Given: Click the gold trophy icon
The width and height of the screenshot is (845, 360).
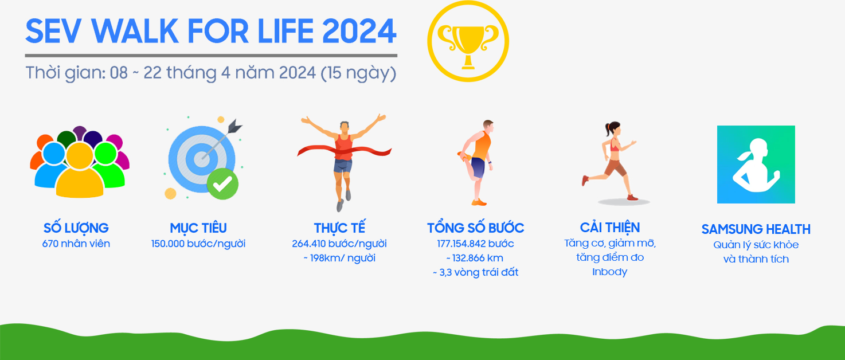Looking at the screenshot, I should (468, 41).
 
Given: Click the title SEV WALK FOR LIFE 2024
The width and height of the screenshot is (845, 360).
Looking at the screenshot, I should (211, 32).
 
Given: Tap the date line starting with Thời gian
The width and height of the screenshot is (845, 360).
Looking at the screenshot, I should (211, 74).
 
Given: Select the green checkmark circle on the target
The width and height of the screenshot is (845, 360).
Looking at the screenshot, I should (222, 183).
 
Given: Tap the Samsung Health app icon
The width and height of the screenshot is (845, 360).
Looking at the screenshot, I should (756, 165).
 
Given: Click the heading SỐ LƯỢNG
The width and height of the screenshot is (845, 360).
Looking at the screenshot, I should (76, 228).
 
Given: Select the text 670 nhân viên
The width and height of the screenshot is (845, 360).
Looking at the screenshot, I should (76, 244).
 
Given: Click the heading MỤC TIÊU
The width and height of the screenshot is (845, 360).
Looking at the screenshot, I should (198, 228).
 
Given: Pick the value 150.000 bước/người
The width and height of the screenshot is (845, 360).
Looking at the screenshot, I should (198, 244).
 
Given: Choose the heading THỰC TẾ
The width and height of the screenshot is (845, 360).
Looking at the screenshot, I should (339, 228).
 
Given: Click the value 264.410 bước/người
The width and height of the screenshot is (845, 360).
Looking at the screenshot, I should (339, 244).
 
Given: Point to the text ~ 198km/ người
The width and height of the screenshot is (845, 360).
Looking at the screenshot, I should (339, 258).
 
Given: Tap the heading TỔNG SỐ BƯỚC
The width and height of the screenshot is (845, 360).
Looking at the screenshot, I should (475, 228).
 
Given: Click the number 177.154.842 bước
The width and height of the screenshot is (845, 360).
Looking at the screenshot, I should (475, 244).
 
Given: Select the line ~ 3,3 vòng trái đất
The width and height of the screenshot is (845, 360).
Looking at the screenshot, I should (475, 272).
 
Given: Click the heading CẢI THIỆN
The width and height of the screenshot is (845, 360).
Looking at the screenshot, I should (610, 227).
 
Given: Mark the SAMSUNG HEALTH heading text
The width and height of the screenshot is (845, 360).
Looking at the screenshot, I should (756, 229).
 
